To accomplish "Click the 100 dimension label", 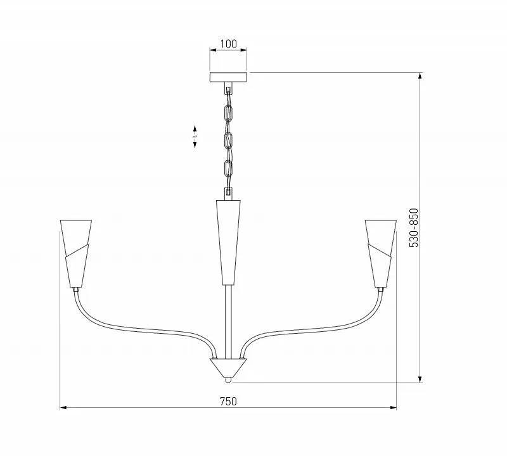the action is click(229, 44).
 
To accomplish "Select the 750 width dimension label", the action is click(228, 402).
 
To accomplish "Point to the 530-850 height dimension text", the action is click(414, 228).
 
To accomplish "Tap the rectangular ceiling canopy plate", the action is click(228, 77).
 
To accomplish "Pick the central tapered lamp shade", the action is click(228, 243).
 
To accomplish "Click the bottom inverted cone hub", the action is click(228, 367).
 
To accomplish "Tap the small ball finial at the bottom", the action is click(228, 380).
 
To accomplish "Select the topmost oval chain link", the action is click(228, 112).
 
